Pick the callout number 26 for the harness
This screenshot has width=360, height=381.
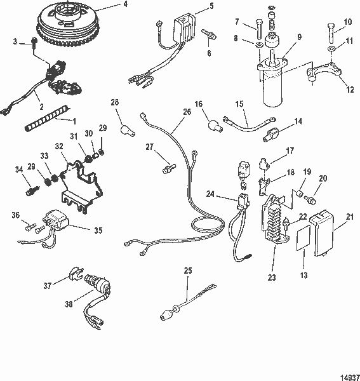169,111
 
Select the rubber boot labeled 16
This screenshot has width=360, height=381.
214,124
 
